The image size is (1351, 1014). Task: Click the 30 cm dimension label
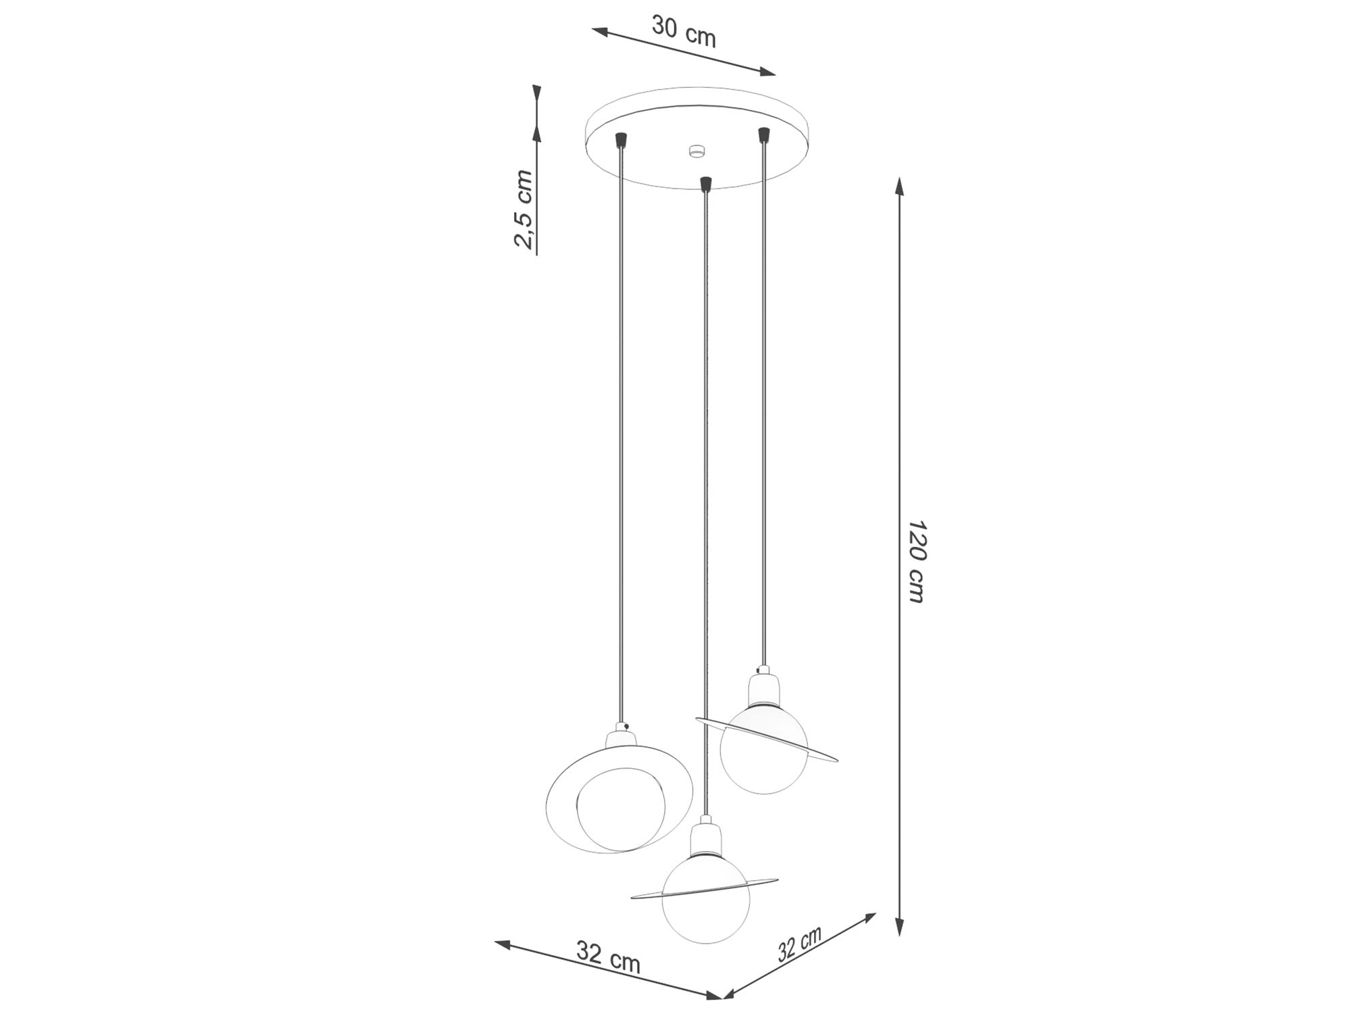click(684, 30)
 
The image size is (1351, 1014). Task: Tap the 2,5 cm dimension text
click(524, 210)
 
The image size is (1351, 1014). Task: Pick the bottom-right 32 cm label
click(799, 944)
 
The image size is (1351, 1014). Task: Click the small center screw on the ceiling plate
click(696, 151)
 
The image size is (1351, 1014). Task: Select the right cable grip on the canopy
click(764, 135)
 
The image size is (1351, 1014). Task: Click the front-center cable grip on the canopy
click(706, 184)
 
